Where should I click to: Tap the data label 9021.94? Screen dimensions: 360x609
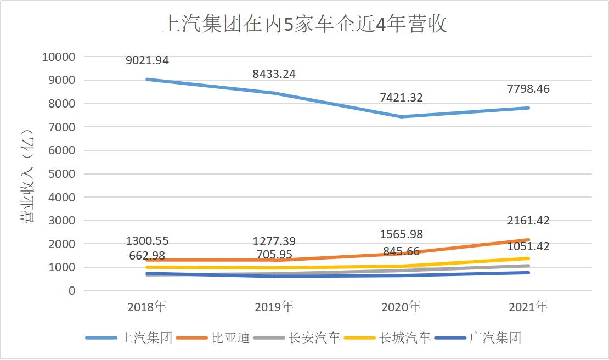[x=147, y=61]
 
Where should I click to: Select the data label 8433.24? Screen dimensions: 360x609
[x=274, y=74]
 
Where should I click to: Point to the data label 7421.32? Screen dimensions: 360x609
[x=401, y=98]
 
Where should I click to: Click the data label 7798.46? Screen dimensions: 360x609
[x=528, y=89]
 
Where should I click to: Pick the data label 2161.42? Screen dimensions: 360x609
[x=528, y=221]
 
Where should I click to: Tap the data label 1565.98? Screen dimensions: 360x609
[x=401, y=234]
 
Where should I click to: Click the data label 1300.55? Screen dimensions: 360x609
[x=147, y=241]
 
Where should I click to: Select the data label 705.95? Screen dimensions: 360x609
[x=274, y=255]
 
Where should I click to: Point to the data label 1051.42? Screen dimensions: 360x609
[x=528, y=246]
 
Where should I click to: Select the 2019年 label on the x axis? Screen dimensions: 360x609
[x=274, y=307]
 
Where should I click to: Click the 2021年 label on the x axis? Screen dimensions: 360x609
[x=528, y=307]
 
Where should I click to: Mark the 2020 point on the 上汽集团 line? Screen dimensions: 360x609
[x=401, y=116]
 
